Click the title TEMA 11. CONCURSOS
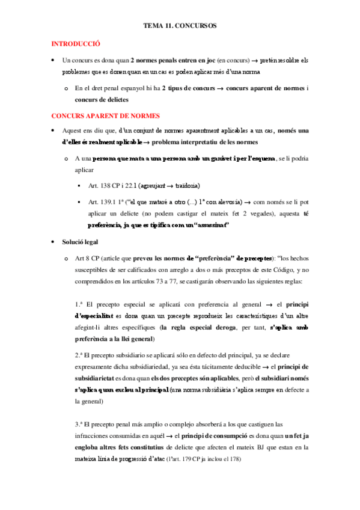point(180,26)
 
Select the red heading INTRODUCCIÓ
point(75,44)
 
